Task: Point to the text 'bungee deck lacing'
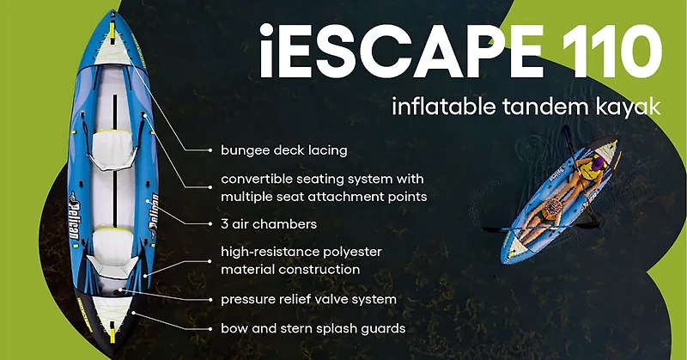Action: coord(283,150)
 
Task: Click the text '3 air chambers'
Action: coord(269,223)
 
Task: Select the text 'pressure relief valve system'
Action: coord(308,299)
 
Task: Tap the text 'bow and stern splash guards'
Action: coord(313,328)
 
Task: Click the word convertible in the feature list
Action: coord(262,180)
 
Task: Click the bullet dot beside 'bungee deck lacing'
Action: coord(210,150)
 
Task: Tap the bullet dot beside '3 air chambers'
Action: coord(210,223)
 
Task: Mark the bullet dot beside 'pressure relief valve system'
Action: coord(210,299)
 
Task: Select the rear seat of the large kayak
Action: coord(110,245)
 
